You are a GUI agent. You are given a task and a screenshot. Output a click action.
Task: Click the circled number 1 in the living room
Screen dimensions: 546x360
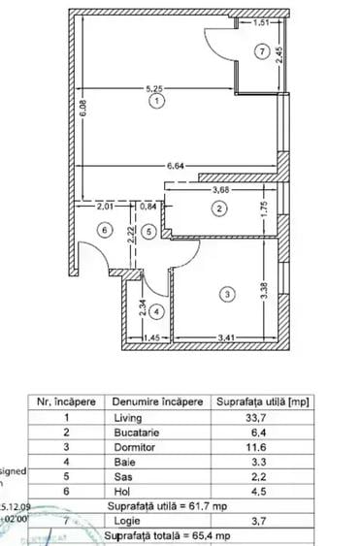tap(158, 98)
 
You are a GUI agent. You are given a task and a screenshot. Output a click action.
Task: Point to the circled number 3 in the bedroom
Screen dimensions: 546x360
tap(225, 293)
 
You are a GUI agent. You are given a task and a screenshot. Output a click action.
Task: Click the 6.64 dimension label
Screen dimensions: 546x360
tap(176, 166)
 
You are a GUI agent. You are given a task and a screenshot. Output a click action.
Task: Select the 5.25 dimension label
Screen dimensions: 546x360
tap(155, 88)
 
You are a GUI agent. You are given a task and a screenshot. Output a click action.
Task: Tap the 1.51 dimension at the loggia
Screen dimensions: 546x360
tap(261, 20)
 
